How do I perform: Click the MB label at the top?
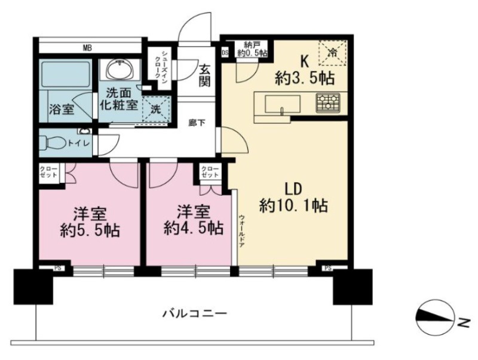(x=87, y=48)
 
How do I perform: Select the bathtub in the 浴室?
(x=66, y=76)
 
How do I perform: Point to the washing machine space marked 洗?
(x=156, y=110)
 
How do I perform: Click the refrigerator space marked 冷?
(x=333, y=53)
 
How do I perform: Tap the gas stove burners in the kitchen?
(x=328, y=102)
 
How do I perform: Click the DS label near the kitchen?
(x=225, y=53)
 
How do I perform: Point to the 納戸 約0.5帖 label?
(x=252, y=49)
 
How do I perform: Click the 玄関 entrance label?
(x=205, y=76)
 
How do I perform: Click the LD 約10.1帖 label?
(x=293, y=197)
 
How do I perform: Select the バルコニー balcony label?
(x=195, y=313)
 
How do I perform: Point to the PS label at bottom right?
(x=328, y=268)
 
